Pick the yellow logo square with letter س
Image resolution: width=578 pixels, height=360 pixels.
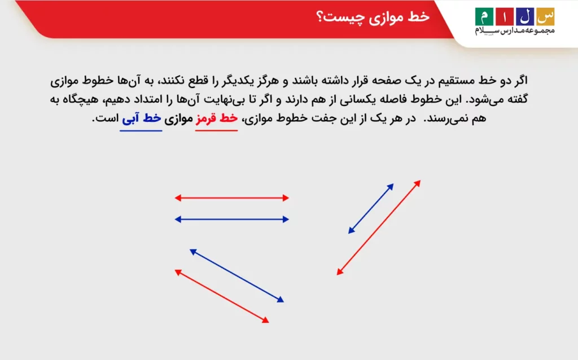pos(544,16)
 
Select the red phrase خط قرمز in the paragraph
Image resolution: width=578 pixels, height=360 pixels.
pos(216,119)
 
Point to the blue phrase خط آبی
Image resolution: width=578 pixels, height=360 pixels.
pos(141,119)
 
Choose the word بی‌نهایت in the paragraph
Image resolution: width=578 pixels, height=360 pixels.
pos(224,99)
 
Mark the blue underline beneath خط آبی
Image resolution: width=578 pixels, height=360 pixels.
pos(141,130)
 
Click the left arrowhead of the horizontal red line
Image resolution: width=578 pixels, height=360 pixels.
pos(177,198)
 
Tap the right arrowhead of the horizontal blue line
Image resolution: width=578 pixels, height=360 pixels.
pos(286,219)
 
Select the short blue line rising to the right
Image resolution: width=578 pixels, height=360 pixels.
pos(371,208)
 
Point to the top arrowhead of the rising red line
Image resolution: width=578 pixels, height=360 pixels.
pos(418,183)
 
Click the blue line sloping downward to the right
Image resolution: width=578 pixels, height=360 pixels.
pos(237,275)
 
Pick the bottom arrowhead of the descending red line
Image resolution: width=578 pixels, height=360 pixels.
pos(266,321)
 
